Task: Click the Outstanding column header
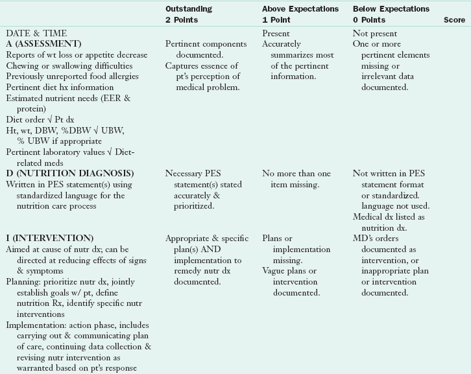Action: tap(189, 9)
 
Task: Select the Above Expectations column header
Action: tap(300, 9)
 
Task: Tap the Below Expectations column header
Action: tap(391, 9)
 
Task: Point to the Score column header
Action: tap(454, 20)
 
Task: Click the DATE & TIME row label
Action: tap(36, 33)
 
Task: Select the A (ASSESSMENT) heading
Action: tap(43, 43)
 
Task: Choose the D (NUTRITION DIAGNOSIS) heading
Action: tap(70, 173)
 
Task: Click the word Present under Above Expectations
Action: tap(276, 33)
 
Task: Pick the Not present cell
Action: tap(375, 33)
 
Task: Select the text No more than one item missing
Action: tap(296, 178)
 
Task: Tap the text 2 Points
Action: tap(182, 20)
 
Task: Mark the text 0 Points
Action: tap(369, 20)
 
